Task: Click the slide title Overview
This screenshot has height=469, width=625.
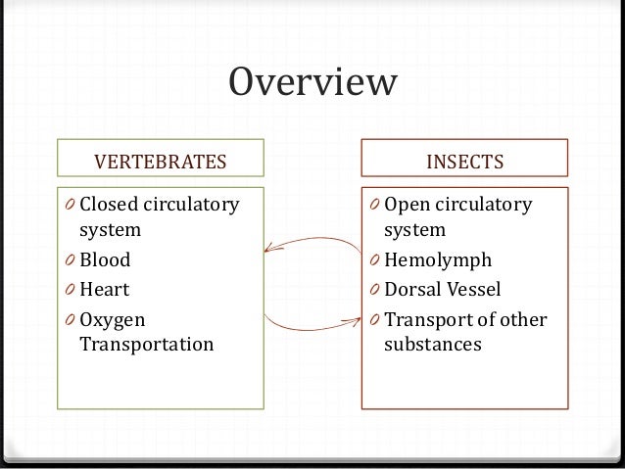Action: [x=312, y=83]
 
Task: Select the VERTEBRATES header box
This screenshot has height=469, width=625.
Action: [x=159, y=160]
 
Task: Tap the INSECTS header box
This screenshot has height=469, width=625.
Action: [x=464, y=160]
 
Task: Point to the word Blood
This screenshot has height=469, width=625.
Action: [x=105, y=261]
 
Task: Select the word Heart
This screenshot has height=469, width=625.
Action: [x=104, y=290]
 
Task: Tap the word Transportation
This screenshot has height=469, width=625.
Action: [x=147, y=345]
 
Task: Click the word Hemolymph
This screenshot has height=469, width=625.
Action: [x=438, y=261]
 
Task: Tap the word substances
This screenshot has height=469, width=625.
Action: [x=432, y=345]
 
